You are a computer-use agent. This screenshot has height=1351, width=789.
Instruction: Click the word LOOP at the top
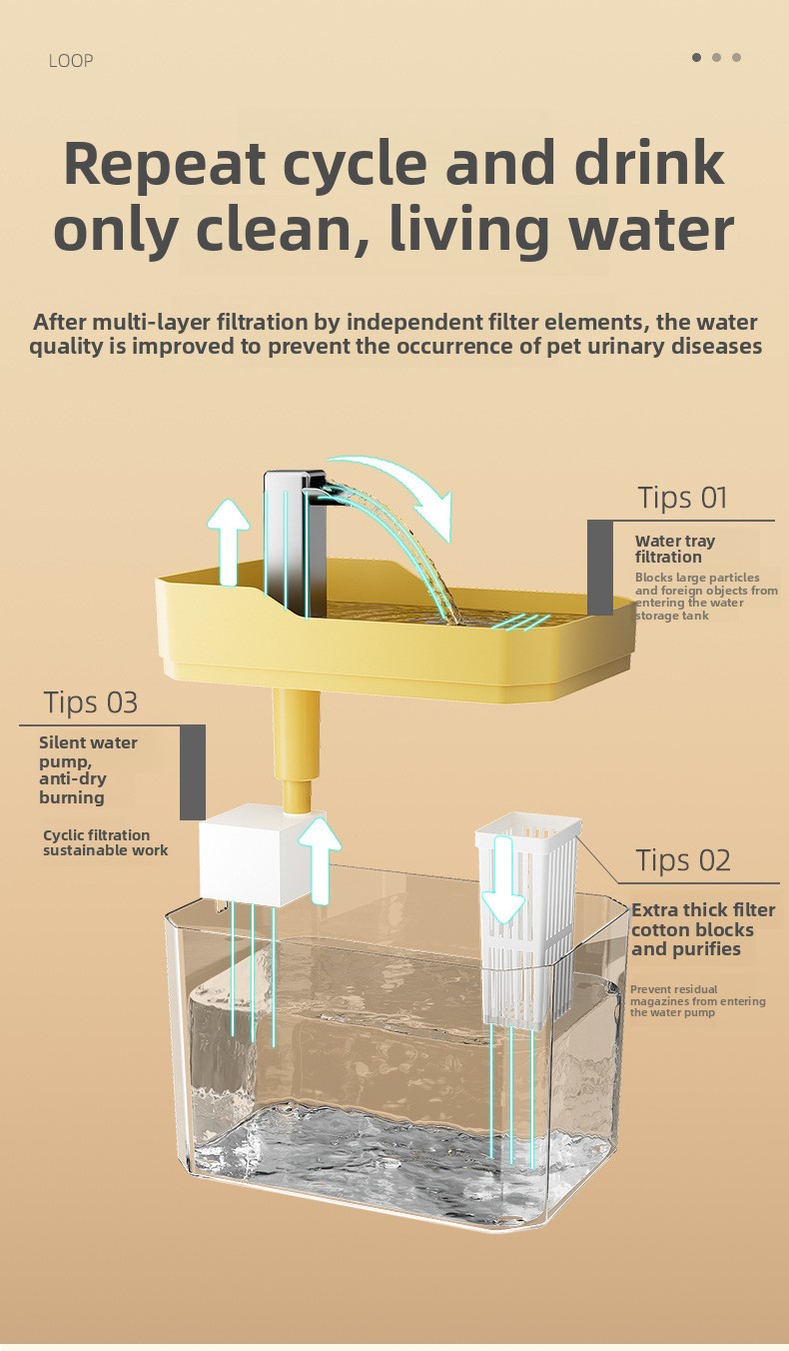coord(71,61)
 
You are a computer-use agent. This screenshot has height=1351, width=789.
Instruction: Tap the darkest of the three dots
coord(697,57)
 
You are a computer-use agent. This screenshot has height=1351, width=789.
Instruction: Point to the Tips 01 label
coord(683,499)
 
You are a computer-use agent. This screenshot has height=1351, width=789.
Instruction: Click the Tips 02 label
coord(683,860)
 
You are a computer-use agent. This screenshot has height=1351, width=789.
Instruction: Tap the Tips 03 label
coord(91,702)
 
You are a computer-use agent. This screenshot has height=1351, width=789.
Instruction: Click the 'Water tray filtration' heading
coord(675,549)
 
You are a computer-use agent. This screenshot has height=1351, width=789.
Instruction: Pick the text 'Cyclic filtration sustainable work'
coord(106,842)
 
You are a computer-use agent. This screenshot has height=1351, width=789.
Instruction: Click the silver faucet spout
coord(296,544)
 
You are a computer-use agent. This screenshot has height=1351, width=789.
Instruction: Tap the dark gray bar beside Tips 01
coord(600,568)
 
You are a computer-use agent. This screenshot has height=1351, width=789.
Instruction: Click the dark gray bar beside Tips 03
coord(193,772)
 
